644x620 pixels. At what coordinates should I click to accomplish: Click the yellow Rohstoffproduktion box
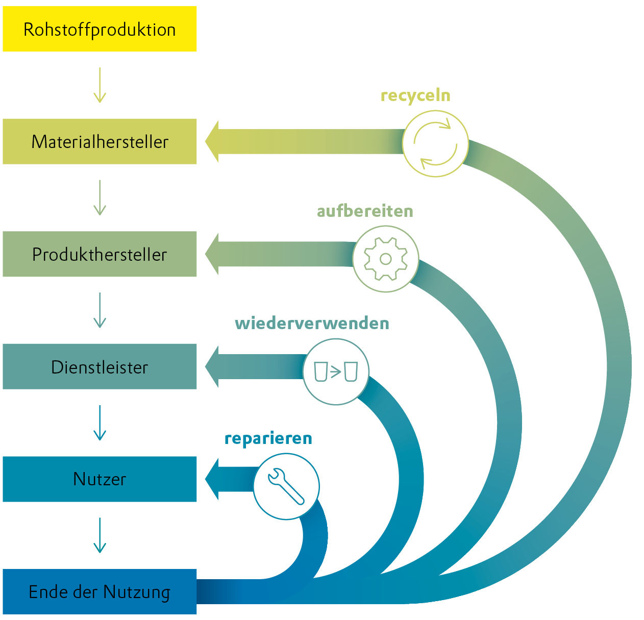[100, 29]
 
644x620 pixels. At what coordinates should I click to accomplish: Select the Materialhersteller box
[100, 141]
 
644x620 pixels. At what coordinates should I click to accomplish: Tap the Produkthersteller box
[100, 254]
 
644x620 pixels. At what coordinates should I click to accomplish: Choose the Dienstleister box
[100, 367]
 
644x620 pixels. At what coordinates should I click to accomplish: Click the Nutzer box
[100, 479]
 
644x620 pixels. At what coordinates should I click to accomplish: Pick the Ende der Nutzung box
[100, 591]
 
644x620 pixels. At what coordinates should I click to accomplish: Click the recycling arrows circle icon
[435, 144]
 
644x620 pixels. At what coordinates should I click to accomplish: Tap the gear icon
[386, 259]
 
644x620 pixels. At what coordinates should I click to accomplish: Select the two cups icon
[336, 371]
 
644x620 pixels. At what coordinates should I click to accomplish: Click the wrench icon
[286, 486]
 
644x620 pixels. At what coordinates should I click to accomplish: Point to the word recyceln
[415, 95]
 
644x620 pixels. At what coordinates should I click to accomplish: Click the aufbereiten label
[365, 211]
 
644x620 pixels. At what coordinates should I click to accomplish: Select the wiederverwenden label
[312, 324]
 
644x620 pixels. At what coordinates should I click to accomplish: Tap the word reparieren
[268, 438]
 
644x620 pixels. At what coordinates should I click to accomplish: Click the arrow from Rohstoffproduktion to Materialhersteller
[100, 85]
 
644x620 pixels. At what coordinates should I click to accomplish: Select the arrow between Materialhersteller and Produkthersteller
[100, 197]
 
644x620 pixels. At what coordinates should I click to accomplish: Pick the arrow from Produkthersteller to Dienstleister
[100, 310]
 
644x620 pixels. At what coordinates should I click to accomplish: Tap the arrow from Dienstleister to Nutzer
[100, 423]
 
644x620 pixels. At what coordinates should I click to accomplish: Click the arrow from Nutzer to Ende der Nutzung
[100, 535]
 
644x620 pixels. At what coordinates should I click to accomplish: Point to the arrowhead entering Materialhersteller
[212, 141]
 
